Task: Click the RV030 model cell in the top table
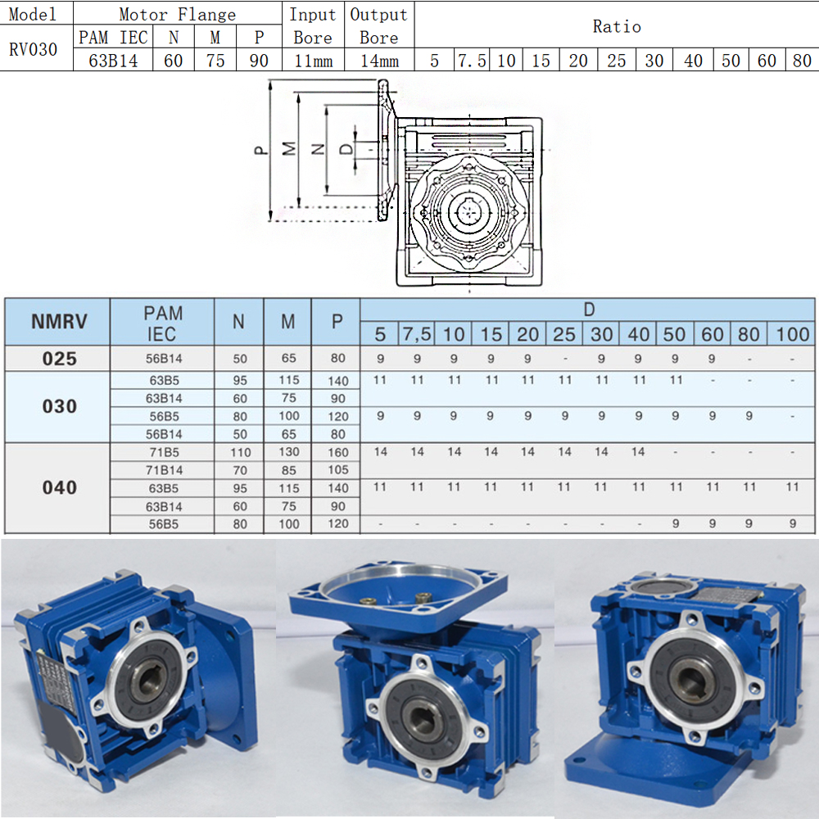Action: pos(33,49)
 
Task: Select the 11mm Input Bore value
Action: pos(314,61)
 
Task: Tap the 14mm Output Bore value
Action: pos(379,61)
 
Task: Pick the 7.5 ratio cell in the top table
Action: pos(472,61)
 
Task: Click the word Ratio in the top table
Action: pos(617,26)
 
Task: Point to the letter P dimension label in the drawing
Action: pos(260,150)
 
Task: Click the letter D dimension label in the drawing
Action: pos(346,149)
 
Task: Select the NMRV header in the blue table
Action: pos(59,321)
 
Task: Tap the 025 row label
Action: pos(60,359)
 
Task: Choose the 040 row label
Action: pos(60,487)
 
